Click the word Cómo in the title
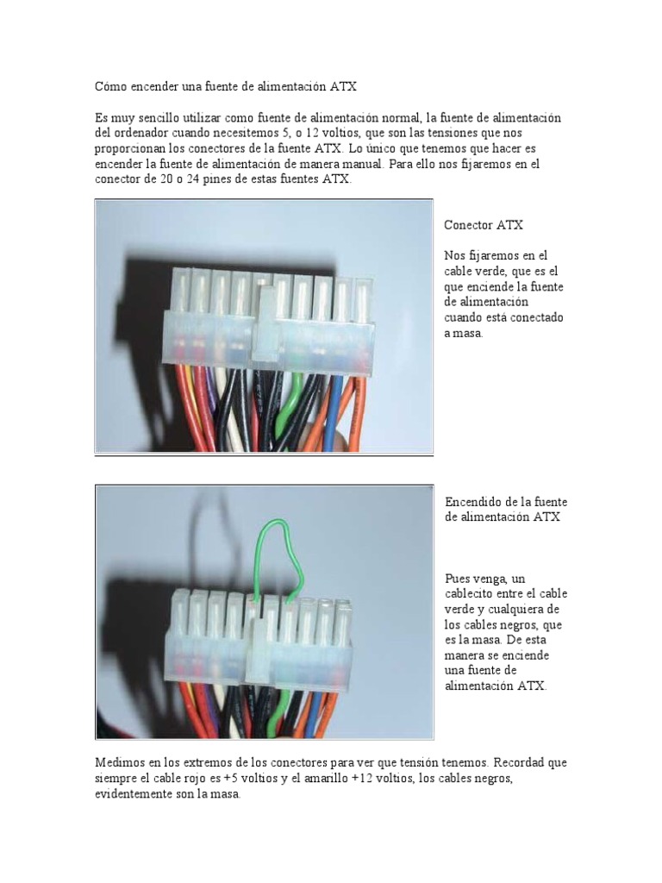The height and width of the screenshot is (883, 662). coord(110,86)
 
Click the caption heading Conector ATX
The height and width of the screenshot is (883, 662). coord(484,225)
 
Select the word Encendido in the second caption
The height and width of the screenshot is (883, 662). coord(474,502)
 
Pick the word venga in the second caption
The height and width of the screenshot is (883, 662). coord(490,578)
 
